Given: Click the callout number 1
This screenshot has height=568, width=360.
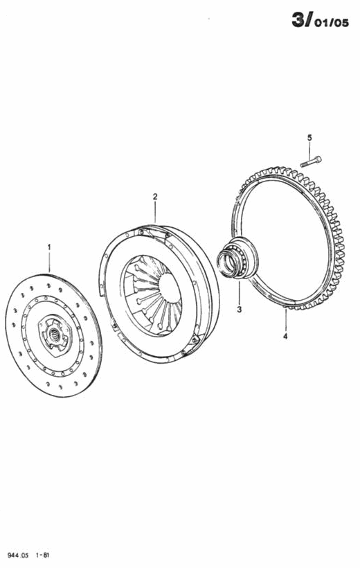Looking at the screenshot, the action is click(49, 247).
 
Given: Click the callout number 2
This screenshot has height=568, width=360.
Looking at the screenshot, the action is click(155, 197).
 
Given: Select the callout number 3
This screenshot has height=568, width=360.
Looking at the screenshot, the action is click(239, 310).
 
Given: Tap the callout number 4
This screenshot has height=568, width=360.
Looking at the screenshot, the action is click(285, 336).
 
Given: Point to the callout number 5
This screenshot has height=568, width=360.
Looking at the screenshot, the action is click(309, 138).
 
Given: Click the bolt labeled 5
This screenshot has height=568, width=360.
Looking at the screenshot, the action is click(311, 161).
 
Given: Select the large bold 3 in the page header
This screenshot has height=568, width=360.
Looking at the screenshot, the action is click(299, 20).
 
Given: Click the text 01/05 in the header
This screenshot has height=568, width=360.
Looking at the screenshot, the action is click(331, 23).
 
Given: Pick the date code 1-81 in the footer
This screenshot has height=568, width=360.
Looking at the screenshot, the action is click(43, 555).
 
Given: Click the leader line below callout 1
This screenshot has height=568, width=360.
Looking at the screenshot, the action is click(50, 262).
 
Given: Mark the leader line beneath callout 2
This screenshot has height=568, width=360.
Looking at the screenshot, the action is click(155, 212).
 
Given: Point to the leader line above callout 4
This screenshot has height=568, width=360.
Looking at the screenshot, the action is click(285, 320).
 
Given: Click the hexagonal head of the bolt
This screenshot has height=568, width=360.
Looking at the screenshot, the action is click(318, 159).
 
